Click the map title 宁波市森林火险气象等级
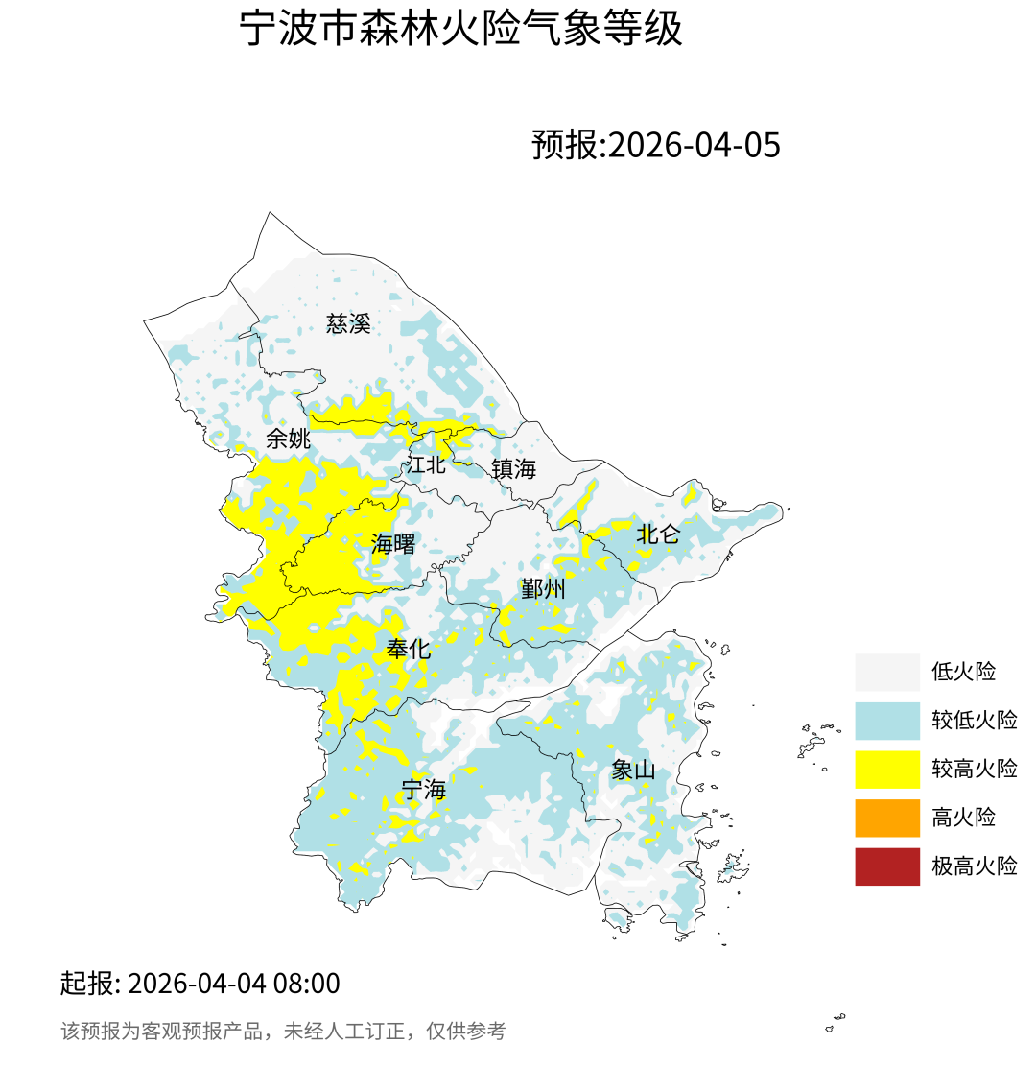click(460, 30)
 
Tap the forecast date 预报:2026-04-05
click(656, 145)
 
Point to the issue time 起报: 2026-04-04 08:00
click(200, 984)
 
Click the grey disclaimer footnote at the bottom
click(283, 1032)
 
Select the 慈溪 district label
click(348, 323)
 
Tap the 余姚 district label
click(288, 439)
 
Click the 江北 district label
click(426, 465)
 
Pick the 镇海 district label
click(513, 469)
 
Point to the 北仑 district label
click(658, 534)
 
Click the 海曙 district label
click(393, 545)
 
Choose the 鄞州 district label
click(543, 589)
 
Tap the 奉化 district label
click(408, 650)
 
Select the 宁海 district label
click(424, 790)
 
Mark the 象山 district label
click(633, 770)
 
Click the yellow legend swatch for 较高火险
click(887, 769)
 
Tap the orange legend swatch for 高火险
click(887, 818)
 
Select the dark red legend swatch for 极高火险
click(887, 866)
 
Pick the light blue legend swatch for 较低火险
click(887, 720)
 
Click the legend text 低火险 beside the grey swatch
click(963, 672)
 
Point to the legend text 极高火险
click(974, 866)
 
